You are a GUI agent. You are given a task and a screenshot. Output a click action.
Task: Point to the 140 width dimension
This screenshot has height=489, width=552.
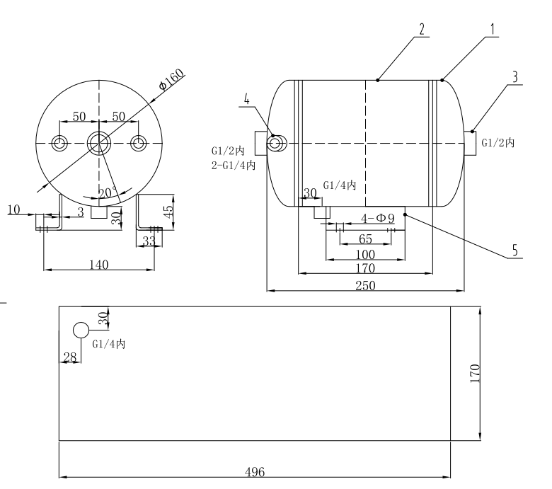tap(99, 264)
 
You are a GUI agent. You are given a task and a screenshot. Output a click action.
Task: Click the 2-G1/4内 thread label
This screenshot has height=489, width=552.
tap(233, 165)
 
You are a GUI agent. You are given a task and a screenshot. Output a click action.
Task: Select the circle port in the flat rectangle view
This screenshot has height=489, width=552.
tap(81, 330)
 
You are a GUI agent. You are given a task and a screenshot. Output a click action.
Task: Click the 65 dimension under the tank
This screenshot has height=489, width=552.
tap(365, 238)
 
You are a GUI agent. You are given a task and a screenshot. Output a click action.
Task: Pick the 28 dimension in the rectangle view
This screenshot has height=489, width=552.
tap(69, 357)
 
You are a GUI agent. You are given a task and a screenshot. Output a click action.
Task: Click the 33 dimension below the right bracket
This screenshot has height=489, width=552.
tap(149, 241)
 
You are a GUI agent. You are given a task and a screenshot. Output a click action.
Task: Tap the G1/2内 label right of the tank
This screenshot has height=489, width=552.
tap(498, 143)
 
